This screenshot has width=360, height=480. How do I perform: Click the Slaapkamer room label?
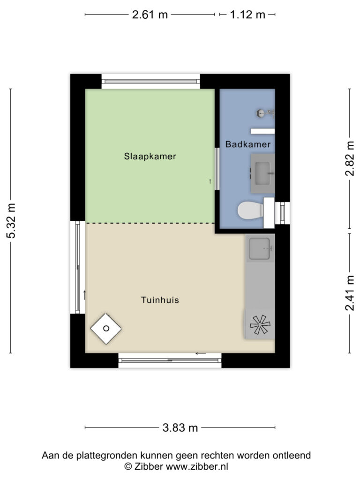coord(150,157)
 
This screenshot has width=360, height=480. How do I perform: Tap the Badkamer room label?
coord(248,144)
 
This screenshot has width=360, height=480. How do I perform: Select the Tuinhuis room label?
coord(160,300)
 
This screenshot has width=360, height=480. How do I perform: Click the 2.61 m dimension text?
coord(150,15)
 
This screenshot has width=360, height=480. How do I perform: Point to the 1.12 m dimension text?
coord(247,15)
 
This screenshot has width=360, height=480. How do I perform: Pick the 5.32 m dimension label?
coord(11,221)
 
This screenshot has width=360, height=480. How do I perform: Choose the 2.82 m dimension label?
coord(350,158)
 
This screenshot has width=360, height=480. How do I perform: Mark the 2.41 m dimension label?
coord(350,293)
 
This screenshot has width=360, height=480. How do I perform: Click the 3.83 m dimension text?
coord(180,427)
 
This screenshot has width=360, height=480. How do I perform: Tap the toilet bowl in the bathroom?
coord(250,210)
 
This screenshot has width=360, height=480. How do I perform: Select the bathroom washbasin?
coord(262,173)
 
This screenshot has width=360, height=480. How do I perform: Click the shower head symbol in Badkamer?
coord(265,113)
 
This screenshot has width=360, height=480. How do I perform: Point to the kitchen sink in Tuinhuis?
coord(260,248)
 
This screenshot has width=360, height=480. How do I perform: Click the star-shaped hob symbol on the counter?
coord(260,325)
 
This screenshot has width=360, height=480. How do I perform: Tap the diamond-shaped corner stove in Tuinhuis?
coord(106,329)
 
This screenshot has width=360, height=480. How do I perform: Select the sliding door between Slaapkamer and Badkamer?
coord(217,169)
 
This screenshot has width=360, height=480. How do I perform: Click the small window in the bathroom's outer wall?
coord(282,213)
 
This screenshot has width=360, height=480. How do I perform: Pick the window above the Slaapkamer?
coord(150,82)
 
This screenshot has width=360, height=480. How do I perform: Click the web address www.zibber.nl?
coord(197,466)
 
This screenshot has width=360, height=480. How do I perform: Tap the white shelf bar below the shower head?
coord(262,131)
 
